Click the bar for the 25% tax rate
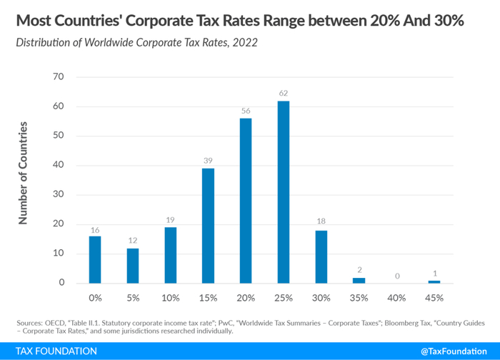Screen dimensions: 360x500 click(284, 192)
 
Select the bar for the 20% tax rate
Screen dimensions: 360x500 click(246, 201)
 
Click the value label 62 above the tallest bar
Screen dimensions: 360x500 click(284, 93)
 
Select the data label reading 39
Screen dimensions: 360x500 click(207, 160)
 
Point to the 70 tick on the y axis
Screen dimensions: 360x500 click(59, 76)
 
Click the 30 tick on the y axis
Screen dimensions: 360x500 click(59, 194)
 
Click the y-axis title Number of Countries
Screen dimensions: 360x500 click(24, 174)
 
